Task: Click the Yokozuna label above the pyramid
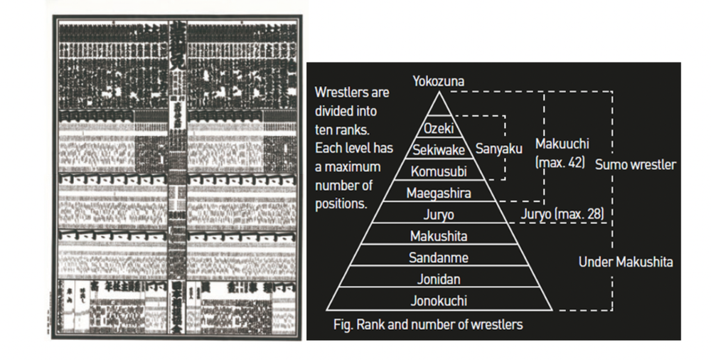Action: (439, 82)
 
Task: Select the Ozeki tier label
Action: (439, 129)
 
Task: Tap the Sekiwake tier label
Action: (439, 150)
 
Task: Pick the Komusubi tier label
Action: (439, 171)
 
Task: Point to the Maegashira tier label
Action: (439, 192)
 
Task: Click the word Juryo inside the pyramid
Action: (438, 214)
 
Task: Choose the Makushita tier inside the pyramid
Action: (439, 235)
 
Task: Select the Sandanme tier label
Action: (439, 258)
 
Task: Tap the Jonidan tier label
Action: (438, 279)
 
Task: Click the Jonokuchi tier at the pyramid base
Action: (439, 301)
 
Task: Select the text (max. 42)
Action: (560, 162)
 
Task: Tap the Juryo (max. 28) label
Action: (562, 213)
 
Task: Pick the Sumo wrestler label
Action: (636, 165)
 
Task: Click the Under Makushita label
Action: (626, 263)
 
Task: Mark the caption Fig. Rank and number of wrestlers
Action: (428, 324)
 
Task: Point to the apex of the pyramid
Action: (439, 93)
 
